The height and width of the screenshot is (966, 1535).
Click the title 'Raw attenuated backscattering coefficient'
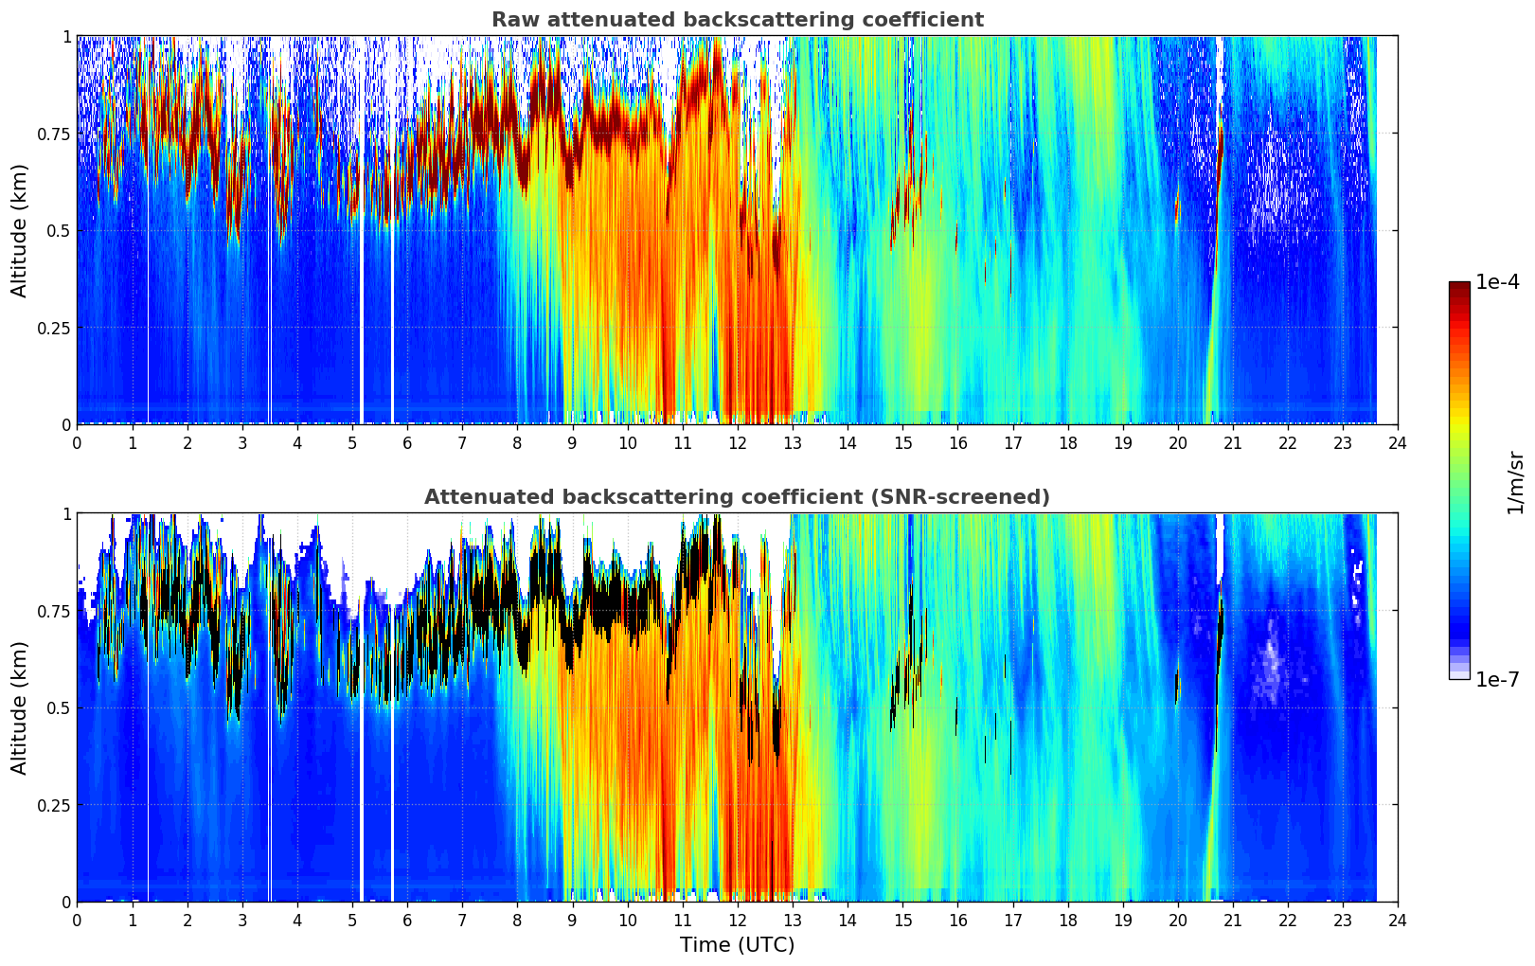coord(737,20)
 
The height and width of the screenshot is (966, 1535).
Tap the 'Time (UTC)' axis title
coord(737,945)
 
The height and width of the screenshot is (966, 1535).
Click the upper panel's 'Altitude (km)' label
coord(20,230)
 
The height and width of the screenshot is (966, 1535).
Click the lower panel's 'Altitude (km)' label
coord(20,707)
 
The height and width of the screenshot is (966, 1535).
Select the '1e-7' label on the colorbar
coord(1499,679)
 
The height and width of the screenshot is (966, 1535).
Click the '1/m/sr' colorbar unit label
coord(1515,482)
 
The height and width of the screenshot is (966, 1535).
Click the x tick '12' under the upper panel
coord(738,442)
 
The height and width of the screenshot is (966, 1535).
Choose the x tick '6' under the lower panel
coord(407,920)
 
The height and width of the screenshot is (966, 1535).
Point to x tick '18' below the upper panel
coord(1067,442)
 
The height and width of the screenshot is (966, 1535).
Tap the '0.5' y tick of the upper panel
coord(59,231)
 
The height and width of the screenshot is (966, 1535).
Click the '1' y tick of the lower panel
coord(66,514)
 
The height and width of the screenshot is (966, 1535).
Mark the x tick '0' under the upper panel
coord(77,442)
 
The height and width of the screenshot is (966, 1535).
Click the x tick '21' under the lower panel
coord(1233,920)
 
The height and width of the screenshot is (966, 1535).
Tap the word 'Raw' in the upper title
coord(512,20)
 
